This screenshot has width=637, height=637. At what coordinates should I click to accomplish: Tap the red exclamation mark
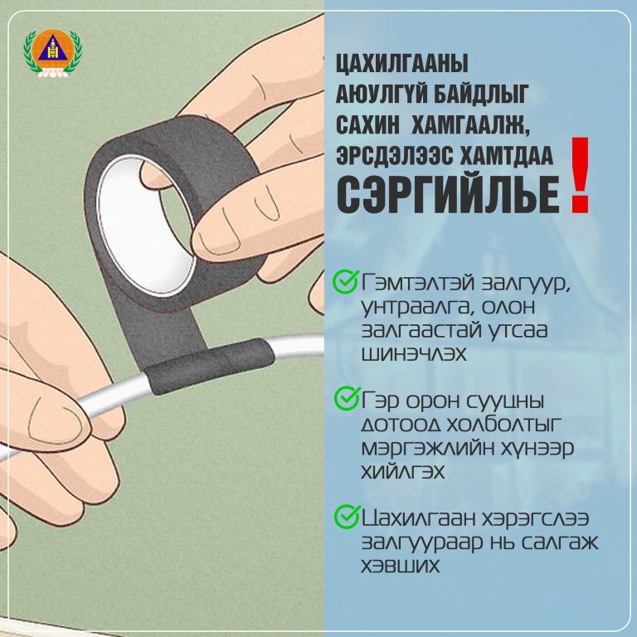pos(580,175)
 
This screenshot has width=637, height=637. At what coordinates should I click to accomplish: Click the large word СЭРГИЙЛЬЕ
pos(447,192)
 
